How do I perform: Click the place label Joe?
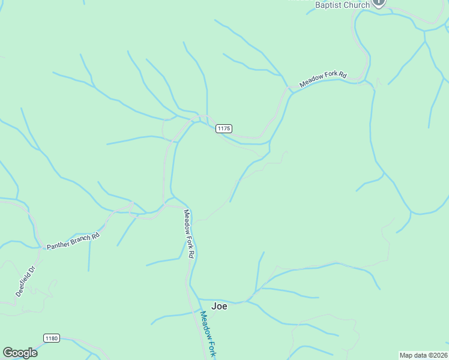coord(220,306)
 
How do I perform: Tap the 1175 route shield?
coord(224,128)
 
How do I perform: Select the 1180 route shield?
coord(52,338)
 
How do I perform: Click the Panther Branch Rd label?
coord(73,241)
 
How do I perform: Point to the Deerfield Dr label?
coord(26,281)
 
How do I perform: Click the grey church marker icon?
coord(379,2)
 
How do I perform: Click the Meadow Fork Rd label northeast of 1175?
coord(324,80)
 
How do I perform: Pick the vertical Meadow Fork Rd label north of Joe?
coord(188,233)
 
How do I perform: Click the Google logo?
coord(20,353)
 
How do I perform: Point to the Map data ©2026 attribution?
coord(423,355)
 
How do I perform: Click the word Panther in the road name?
coord(58,244)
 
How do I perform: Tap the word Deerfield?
coord(23,284)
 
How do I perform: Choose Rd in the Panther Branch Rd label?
coord(95,236)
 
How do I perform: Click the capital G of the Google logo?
coord(7,353)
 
